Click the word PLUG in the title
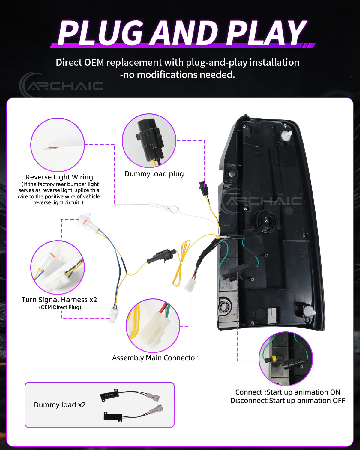(101, 33)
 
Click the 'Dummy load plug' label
(154, 174)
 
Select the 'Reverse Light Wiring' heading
(59, 177)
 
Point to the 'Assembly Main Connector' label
(155, 358)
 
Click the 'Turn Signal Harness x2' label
(59, 300)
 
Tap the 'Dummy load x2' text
(60, 405)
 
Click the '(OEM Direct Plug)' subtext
(60, 307)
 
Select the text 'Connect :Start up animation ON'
(288, 392)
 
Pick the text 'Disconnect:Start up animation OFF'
(288, 400)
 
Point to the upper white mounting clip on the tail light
(286, 136)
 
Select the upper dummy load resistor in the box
(109, 395)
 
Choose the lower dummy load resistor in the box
(113, 416)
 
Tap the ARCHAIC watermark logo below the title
(61, 85)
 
